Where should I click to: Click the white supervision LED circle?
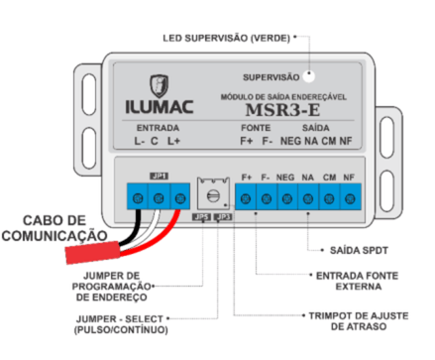(309, 76)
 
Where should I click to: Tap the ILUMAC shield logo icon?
(160, 85)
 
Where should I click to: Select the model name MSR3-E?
(282, 110)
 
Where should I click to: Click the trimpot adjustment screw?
(213, 196)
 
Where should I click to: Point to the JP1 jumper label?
(160, 177)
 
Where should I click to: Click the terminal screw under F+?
(246, 199)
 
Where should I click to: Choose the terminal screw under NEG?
(287, 199)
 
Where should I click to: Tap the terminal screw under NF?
(350, 199)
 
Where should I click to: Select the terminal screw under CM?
(329, 199)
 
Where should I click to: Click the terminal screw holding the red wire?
(179, 198)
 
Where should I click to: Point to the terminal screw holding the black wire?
(138, 198)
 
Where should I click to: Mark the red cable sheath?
(92, 253)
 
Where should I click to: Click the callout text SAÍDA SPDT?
(359, 250)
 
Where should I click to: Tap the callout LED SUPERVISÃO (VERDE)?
(226, 38)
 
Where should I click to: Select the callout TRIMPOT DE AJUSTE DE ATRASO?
(359, 321)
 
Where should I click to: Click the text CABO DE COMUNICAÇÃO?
(54, 228)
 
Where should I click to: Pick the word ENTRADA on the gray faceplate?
(158, 128)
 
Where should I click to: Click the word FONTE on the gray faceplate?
(256, 128)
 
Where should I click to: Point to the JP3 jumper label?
(223, 217)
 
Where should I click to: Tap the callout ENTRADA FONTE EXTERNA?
(358, 281)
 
